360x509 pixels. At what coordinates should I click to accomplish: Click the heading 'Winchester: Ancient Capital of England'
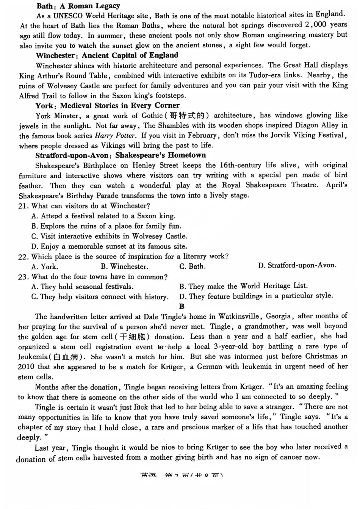pos(107,55)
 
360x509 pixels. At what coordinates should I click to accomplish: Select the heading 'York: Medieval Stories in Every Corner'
pos(108,106)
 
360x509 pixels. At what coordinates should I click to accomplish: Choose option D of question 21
pos(109,246)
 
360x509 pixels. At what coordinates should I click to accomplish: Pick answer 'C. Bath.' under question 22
pos(193,266)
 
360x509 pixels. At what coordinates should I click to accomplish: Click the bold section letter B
pos(182,307)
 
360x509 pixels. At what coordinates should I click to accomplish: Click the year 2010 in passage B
pos(26,367)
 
